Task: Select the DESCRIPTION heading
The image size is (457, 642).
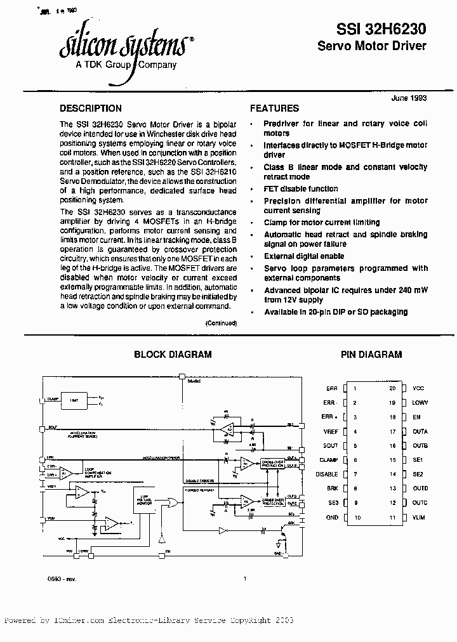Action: tap(90, 108)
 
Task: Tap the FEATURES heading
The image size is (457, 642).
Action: tap(274, 108)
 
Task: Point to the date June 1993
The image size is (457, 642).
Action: tap(409, 98)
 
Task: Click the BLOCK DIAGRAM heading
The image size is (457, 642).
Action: tap(173, 355)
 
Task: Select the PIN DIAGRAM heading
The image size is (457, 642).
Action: tap(371, 355)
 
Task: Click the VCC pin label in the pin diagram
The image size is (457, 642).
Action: tap(418, 388)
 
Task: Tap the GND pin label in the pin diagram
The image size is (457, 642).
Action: tap(331, 518)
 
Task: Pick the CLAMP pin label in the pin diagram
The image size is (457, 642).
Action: tap(328, 460)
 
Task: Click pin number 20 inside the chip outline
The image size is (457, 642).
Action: tap(393, 388)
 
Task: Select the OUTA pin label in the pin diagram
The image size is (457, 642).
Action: tap(420, 431)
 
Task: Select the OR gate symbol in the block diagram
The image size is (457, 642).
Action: tap(170, 503)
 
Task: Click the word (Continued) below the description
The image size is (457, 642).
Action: tap(221, 323)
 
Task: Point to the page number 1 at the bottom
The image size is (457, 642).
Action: tap(245, 578)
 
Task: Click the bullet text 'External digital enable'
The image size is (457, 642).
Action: tap(304, 256)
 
